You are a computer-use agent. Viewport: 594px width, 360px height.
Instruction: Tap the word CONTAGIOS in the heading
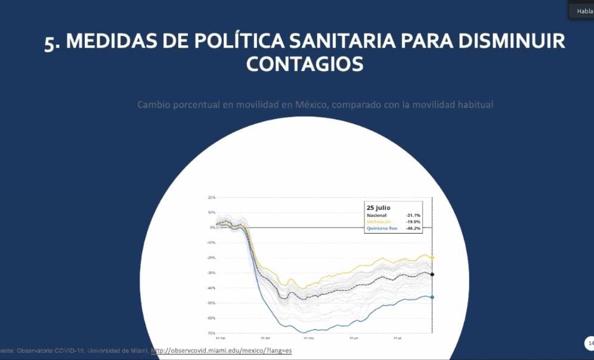click(x=304, y=64)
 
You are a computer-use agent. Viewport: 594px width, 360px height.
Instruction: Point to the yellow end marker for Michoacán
click(x=432, y=257)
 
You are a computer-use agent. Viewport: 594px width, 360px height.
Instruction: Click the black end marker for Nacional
click(x=432, y=274)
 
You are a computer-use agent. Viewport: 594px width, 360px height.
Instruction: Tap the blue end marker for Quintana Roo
click(x=432, y=297)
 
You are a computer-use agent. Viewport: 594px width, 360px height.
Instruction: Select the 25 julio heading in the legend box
click(x=378, y=207)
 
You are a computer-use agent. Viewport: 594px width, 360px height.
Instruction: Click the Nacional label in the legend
click(x=376, y=215)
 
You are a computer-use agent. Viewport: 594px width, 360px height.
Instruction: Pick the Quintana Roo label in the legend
click(x=382, y=228)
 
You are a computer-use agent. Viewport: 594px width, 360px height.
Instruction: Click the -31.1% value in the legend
click(x=413, y=215)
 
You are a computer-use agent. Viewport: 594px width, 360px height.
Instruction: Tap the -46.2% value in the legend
click(x=413, y=228)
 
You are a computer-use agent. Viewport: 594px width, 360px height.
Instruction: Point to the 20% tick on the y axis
click(x=211, y=197)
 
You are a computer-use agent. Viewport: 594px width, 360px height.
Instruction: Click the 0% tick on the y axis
click(x=212, y=227)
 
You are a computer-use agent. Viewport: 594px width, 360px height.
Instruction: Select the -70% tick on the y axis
click(x=211, y=333)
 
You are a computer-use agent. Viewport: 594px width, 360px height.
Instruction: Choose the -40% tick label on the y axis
click(x=211, y=288)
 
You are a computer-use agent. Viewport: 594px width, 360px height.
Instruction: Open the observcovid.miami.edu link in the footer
click(x=221, y=350)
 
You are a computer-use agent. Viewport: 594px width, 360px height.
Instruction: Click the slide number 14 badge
click(x=590, y=343)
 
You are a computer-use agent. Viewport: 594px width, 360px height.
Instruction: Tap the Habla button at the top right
click(x=583, y=11)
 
